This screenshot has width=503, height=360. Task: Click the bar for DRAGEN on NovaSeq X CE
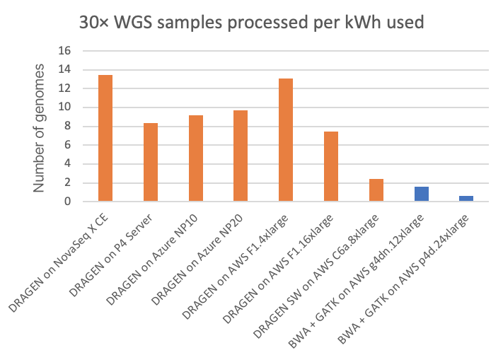coord(105,138)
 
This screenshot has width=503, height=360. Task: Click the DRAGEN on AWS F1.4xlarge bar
coord(286,140)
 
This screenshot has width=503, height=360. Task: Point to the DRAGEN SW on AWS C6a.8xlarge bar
coord(376,190)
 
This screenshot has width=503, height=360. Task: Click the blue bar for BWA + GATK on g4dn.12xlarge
coord(422,194)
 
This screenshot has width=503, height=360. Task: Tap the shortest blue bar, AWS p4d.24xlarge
coord(466,199)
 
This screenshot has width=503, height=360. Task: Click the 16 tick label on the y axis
coord(65,51)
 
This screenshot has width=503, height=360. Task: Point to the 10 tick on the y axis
coord(65,108)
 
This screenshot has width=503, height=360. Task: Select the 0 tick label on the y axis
coord(69,202)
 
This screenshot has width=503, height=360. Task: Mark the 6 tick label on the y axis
coord(69,145)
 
